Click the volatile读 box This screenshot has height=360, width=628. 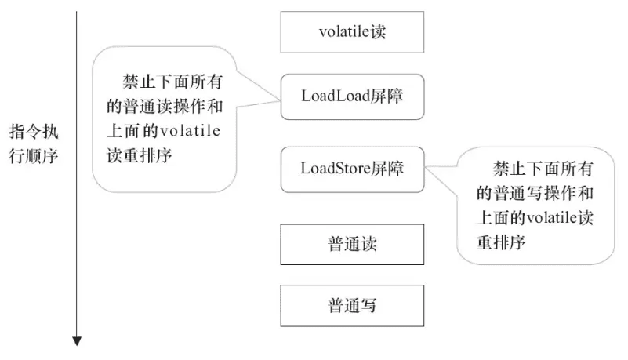point(352,32)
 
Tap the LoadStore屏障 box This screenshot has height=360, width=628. point(352,168)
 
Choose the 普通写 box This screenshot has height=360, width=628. point(352,305)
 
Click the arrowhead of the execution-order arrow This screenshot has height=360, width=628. point(77,340)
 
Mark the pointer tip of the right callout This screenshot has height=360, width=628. point(424,167)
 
